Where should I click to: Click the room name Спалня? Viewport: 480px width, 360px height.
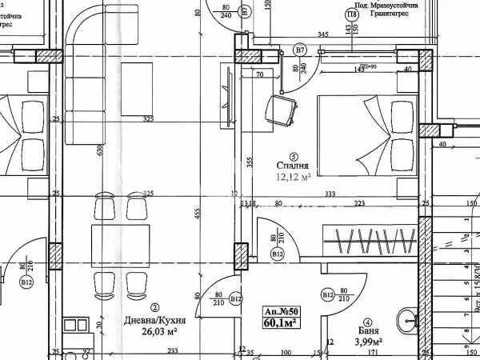(x=293, y=166)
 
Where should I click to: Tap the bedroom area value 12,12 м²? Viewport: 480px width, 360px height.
(x=293, y=178)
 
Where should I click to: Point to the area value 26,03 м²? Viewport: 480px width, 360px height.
(x=158, y=332)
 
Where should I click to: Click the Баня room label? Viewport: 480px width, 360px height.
(x=368, y=330)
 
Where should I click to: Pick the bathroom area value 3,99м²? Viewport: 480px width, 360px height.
(x=368, y=342)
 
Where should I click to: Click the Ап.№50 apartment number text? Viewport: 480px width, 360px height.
(x=281, y=311)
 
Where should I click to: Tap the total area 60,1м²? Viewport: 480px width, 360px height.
(x=281, y=323)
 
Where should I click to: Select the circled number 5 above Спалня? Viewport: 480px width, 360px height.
(x=294, y=156)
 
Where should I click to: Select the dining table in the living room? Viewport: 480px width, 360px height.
(x=120, y=245)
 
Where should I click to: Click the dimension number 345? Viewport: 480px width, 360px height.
(x=322, y=34)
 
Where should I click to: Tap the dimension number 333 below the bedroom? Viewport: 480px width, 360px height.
(x=329, y=194)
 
